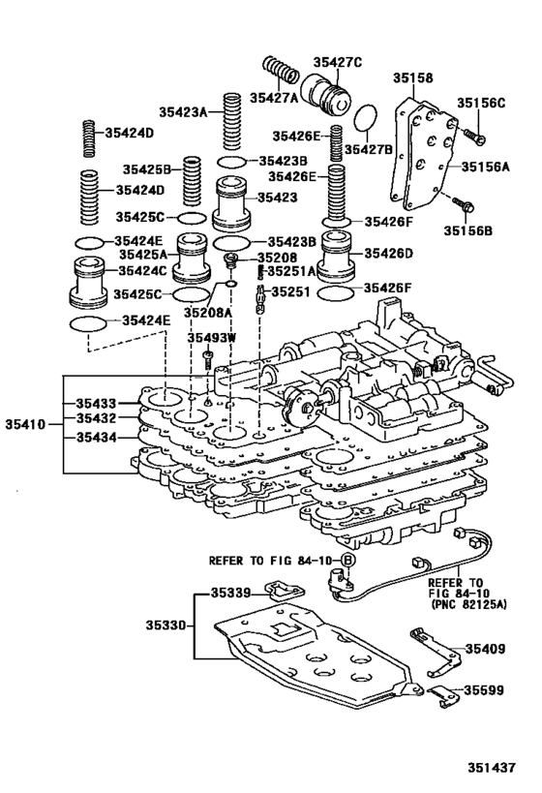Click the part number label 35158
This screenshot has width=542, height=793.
[413, 77]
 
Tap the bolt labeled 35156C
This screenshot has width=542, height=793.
[473, 136]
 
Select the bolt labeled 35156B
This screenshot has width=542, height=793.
[464, 203]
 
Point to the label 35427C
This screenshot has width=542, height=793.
[338, 62]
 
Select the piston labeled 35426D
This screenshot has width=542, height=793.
[338, 256]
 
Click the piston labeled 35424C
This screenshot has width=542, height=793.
[88, 282]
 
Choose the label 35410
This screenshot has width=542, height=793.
[25, 424]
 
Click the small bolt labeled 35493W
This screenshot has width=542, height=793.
[207, 360]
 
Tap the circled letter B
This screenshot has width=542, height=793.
[346, 560]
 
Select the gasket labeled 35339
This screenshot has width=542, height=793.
[285, 590]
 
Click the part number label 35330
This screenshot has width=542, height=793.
[166, 625]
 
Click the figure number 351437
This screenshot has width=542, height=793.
[491, 768]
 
